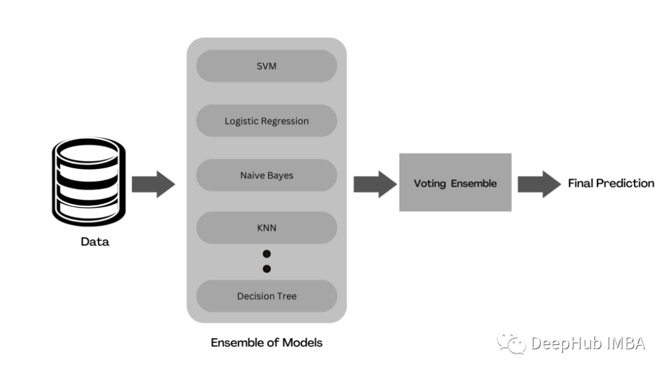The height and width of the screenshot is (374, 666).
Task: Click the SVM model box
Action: [x=266, y=66]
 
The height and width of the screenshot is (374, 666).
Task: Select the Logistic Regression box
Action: [x=266, y=121]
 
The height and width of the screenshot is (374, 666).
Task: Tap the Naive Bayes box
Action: [x=266, y=176]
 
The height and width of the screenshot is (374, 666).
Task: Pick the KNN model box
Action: [x=266, y=228]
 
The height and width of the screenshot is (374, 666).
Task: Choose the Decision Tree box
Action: [x=266, y=296]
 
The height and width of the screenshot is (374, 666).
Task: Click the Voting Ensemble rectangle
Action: [x=455, y=183]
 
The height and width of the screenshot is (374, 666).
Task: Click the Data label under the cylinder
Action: [x=95, y=242]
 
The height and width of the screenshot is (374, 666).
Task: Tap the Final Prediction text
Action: [x=610, y=183]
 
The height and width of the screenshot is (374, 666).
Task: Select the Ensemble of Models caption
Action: [x=266, y=343]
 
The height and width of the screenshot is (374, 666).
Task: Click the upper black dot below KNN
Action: [x=266, y=254]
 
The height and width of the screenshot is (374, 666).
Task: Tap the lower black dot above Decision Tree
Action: [x=266, y=269]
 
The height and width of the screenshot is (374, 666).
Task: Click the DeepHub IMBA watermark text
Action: [x=588, y=343]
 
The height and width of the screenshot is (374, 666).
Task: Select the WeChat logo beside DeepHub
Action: [x=512, y=343]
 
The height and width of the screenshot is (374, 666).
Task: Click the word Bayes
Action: [x=281, y=176]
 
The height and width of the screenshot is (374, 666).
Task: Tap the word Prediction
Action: [x=625, y=183]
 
